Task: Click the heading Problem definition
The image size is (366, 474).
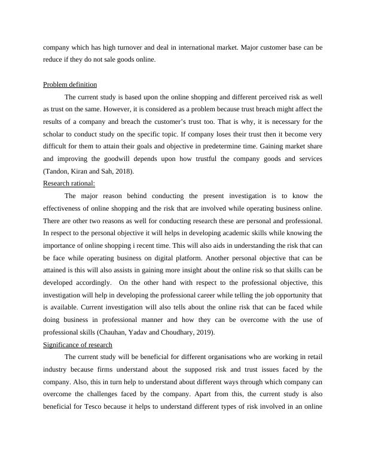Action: [70, 84]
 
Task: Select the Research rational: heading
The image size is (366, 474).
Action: [69, 183]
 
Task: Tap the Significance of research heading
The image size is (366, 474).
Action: [77, 345]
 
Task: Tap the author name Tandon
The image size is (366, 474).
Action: [57, 171]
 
